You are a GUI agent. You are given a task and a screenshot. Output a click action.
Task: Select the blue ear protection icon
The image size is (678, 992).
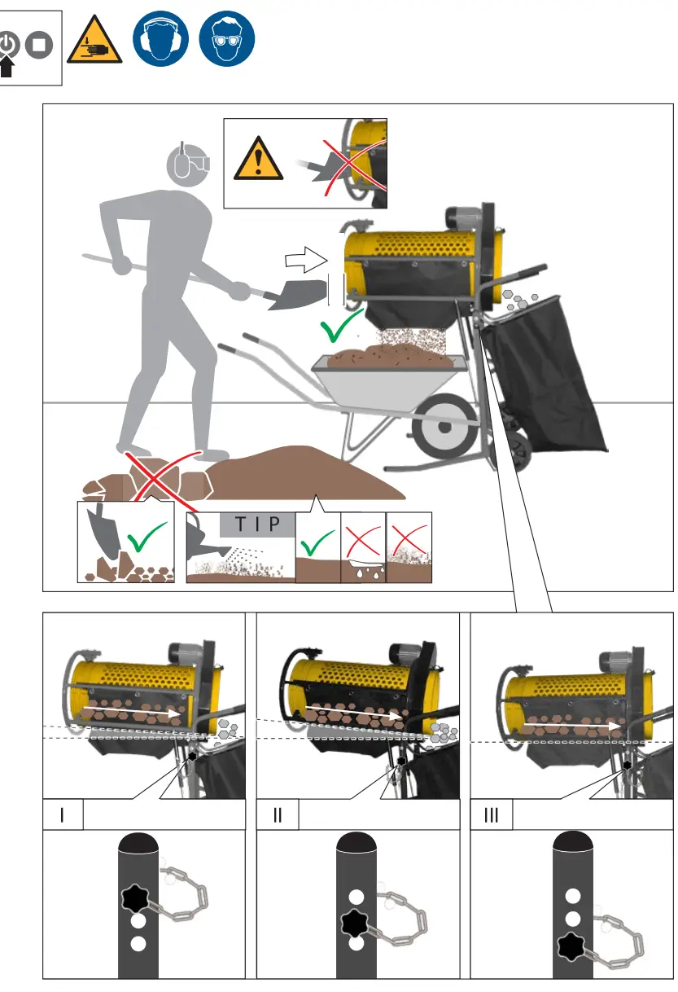[160, 39]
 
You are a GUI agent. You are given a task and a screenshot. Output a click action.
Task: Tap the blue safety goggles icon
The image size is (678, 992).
[227, 39]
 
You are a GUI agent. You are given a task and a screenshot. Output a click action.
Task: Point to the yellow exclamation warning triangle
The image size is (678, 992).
[259, 160]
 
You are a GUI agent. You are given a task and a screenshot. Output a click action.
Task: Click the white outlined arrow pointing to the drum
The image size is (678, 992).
[305, 261]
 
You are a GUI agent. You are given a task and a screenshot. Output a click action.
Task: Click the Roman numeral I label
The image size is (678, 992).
[63, 815]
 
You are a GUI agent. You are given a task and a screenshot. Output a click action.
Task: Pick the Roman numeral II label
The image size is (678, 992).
[278, 815]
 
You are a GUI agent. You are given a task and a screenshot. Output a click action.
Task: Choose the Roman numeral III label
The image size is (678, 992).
[492, 815]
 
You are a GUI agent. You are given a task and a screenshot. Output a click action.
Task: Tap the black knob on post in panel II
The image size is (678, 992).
[353, 924]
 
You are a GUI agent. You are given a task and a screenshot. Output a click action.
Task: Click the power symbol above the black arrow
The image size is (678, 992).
[10, 44]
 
